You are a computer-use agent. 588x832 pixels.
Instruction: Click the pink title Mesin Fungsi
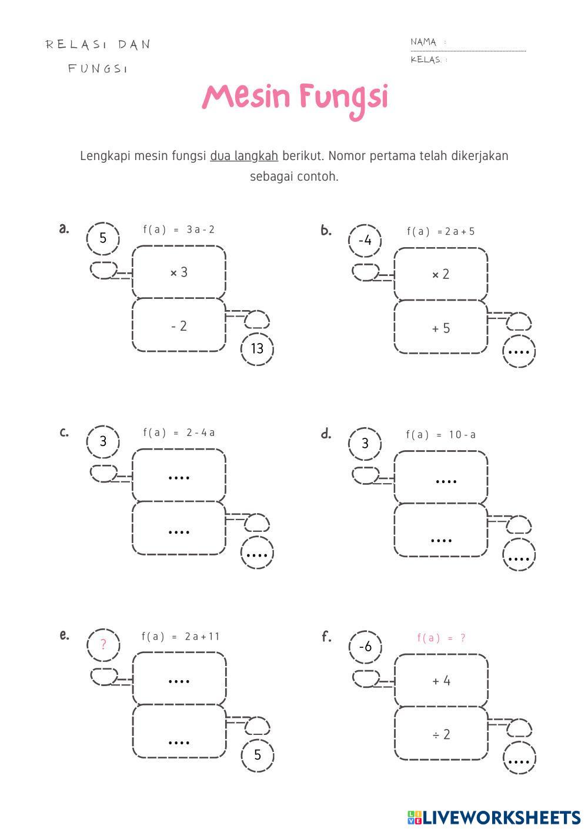click(295, 98)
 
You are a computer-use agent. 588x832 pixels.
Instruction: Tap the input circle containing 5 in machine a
click(103, 238)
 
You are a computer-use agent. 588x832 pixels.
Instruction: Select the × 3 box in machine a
click(179, 272)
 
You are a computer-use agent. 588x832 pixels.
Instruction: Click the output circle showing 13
click(257, 348)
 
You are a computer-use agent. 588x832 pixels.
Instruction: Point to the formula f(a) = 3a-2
click(179, 229)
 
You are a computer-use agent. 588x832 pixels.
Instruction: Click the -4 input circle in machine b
click(365, 240)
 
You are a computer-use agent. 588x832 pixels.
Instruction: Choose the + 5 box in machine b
click(440, 328)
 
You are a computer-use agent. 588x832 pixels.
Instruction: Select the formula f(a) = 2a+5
click(440, 231)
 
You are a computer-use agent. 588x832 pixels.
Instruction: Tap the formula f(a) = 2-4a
click(179, 432)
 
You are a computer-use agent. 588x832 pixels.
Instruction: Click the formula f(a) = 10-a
click(440, 435)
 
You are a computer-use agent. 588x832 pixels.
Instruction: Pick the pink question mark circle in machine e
click(103, 644)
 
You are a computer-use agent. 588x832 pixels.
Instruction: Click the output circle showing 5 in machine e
click(257, 754)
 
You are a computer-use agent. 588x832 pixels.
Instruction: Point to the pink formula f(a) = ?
click(441, 638)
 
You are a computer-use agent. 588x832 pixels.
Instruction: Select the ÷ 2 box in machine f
click(440, 734)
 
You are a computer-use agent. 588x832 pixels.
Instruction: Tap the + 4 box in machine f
click(440, 681)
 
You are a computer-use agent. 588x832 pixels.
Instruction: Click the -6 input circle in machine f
click(365, 647)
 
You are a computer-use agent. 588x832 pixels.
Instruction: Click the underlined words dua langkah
click(243, 156)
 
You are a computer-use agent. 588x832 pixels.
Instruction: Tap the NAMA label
click(423, 42)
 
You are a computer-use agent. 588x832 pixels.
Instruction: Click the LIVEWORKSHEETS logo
click(493, 817)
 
